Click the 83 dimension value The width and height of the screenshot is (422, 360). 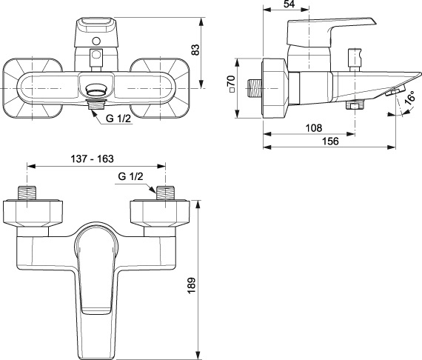[196, 50]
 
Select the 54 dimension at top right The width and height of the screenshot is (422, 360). [289, 4]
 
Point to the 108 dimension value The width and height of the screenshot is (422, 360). [314, 127]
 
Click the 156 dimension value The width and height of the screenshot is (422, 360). [330, 141]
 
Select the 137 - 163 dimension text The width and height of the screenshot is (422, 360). [93, 159]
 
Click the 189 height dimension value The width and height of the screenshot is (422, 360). [191, 285]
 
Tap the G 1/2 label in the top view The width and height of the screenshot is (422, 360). [118, 119]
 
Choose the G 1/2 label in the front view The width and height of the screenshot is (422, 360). [130, 176]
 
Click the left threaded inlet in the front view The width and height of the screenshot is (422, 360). [27, 193]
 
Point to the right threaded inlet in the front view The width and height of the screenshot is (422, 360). [165, 193]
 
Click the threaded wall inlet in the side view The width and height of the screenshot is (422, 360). [255, 88]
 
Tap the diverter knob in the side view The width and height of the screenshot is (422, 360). [355, 60]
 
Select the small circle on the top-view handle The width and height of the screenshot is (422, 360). [96, 41]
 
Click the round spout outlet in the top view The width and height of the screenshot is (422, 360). [96, 90]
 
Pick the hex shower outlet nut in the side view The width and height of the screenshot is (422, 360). [355, 104]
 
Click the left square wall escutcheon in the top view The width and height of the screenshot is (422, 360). [33, 88]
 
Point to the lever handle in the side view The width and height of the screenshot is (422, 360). [332, 33]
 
